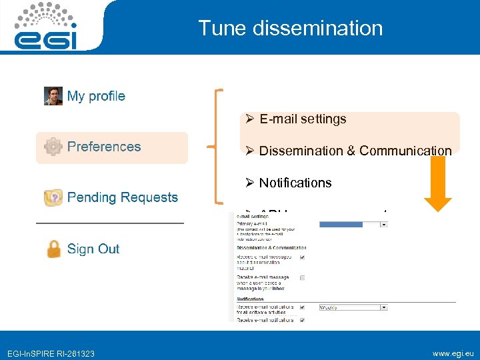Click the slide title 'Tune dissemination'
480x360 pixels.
coord(290,28)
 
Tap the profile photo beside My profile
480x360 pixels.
coord(53,96)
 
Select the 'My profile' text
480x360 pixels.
coord(96,96)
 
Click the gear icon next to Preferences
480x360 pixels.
coord(53,147)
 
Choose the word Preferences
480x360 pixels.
coord(104,147)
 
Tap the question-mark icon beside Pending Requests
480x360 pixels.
coord(53,197)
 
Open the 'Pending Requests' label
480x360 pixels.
coord(123,197)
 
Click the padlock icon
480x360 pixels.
coord(53,249)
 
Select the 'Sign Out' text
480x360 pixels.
coord(93,249)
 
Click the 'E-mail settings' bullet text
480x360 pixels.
coord(303,119)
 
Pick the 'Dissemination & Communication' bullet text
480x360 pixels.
coord(355,151)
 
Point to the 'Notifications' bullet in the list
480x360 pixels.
coord(295,183)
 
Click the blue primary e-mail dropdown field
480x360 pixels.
coord(353,225)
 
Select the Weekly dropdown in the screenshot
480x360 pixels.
coord(353,307)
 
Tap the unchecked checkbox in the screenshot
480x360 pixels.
coord(303,277)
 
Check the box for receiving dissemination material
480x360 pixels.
coord(303,257)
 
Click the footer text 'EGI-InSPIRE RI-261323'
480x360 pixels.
coord(51,353)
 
